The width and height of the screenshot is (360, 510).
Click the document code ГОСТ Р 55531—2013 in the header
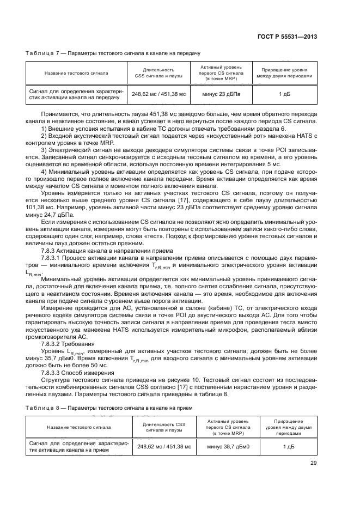pos(295,37)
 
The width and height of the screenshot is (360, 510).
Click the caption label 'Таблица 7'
pos(41,53)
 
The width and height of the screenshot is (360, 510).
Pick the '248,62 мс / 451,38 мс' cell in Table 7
pos(158,94)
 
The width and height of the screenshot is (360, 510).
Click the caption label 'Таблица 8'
pos(41,407)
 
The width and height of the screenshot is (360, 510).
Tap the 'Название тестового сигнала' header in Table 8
pos(79,427)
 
